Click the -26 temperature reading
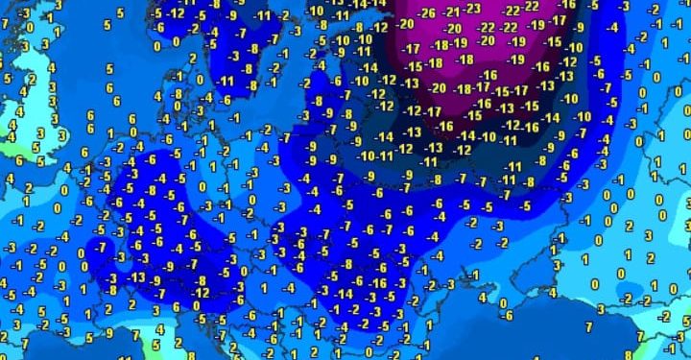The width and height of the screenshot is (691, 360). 427,12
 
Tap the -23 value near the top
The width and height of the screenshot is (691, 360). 473,8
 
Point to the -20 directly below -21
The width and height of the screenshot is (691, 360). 453,28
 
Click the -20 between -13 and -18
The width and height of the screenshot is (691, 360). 438,87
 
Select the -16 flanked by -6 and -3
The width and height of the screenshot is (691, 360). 378,283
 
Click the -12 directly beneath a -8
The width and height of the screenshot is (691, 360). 201,293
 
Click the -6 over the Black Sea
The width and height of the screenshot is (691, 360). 507,316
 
